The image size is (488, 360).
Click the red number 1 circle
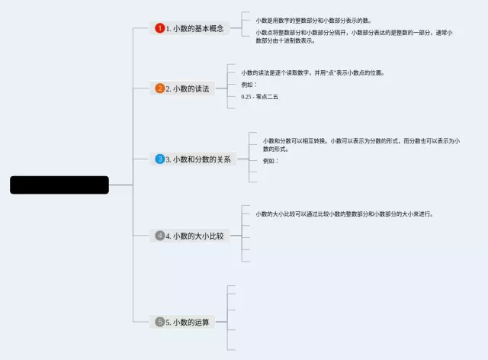159,28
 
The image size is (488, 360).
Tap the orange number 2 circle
159,88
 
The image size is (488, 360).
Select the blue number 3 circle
159,159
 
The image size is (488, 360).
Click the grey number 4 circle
159,236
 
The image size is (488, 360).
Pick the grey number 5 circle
159,322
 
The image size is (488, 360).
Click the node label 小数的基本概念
197,28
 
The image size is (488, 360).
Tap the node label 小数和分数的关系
201,159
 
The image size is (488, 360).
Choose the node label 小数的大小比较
198,236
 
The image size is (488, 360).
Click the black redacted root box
59,185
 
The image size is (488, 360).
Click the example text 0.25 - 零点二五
259,97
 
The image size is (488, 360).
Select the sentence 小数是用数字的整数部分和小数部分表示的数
313,21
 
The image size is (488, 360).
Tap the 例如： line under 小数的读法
249,85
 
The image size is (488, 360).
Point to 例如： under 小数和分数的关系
271,161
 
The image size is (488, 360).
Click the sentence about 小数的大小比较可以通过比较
345,214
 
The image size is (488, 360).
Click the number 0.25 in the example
246,97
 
